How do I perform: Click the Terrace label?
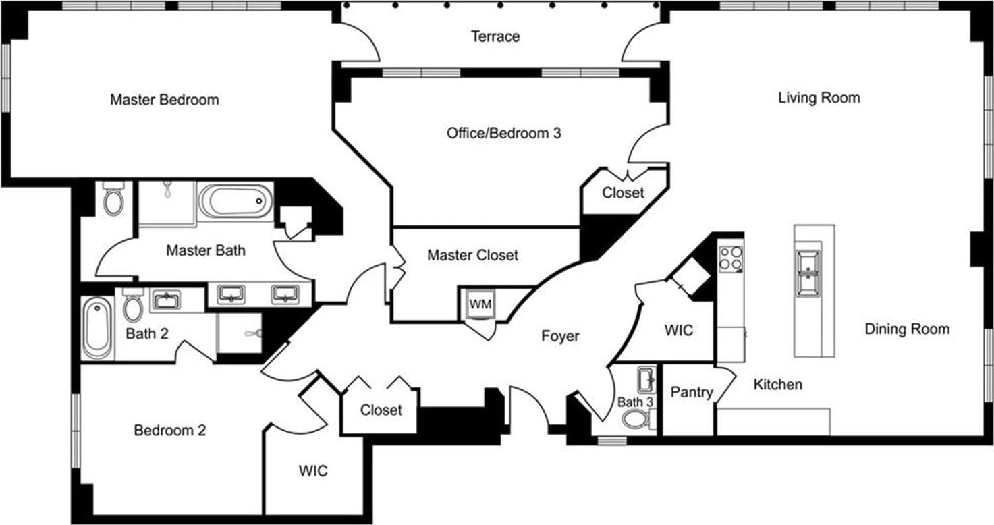click(495, 36)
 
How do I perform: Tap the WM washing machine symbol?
click(480, 304)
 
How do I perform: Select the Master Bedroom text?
click(164, 100)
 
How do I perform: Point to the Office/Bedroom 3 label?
click(503, 133)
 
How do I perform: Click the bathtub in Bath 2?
click(97, 329)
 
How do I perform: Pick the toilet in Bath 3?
click(634, 418)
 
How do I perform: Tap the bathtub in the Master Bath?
click(236, 202)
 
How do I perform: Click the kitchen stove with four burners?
click(731, 258)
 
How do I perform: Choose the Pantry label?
click(691, 392)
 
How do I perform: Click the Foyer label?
click(560, 335)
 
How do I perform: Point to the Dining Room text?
click(907, 329)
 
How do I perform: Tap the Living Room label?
click(819, 98)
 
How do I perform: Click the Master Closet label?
click(472, 255)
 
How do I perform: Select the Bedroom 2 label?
click(169, 430)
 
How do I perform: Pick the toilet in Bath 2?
click(133, 307)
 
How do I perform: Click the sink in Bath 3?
click(645, 379)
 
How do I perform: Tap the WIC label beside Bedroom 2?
click(313, 470)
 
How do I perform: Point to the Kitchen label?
click(777, 385)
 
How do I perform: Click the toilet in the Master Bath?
click(113, 198)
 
